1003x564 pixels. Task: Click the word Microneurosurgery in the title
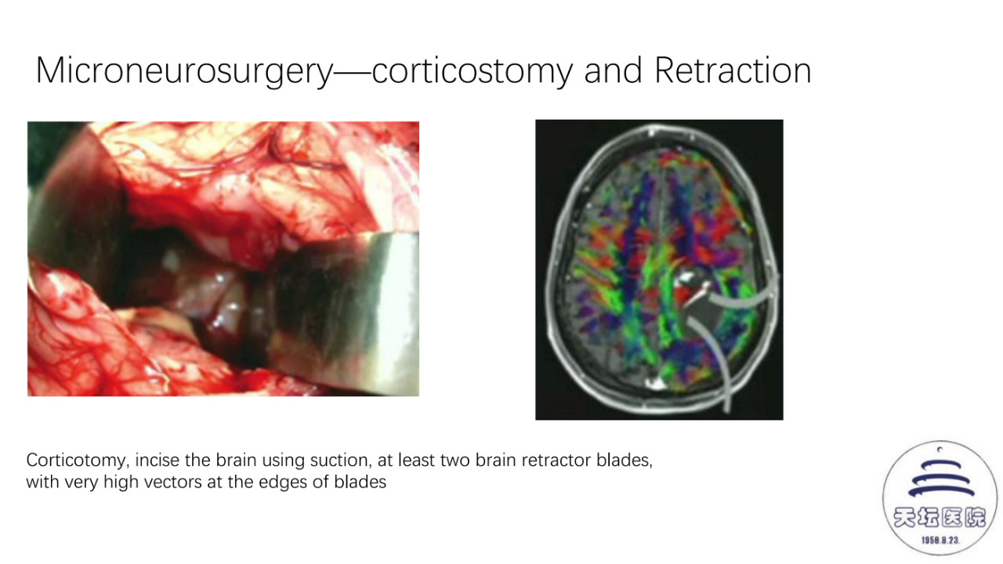tap(184, 71)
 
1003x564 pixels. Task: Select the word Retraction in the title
tap(733, 70)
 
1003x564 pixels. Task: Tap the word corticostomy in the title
tap(472, 71)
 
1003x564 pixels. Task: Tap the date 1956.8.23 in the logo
tap(940, 540)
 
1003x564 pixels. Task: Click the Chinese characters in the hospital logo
tap(940, 518)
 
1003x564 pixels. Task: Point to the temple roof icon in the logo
tap(941, 479)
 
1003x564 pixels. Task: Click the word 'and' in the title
tap(613, 70)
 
